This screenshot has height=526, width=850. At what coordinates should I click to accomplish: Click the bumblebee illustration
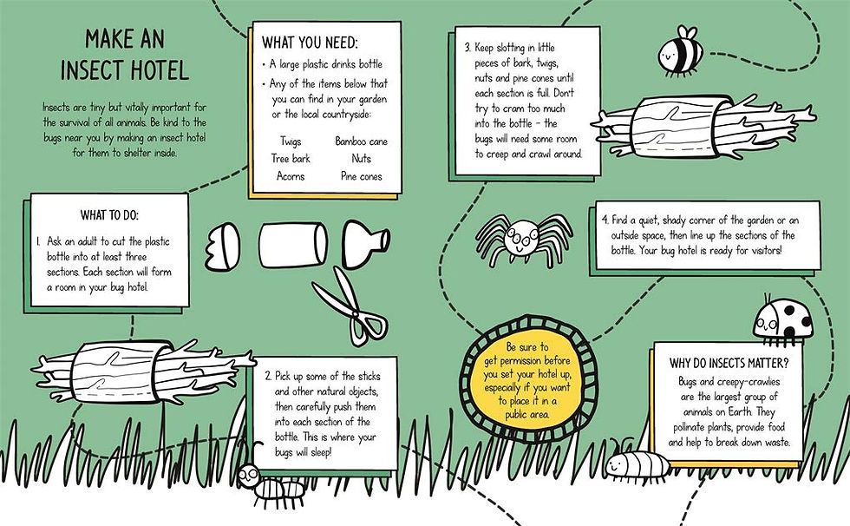pyautogui.click(x=681, y=49)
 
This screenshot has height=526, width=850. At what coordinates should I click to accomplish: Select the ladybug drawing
pyautogui.click(x=784, y=321)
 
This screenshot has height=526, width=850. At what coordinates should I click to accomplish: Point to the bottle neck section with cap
pyautogui.click(x=366, y=244)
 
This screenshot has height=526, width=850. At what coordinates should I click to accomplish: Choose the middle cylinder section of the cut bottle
pyautogui.click(x=293, y=245)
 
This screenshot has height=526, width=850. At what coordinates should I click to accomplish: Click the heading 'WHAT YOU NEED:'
pyautogui.click(x=311, y=43)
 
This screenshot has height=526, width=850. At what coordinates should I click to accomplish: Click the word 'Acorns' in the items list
pyautogui.click(x=291, y=176)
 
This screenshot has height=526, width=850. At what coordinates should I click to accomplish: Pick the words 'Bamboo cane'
pyautogui.click(x=361, y=141)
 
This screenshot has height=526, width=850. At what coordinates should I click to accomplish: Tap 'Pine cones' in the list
pyautogui.click(x=361, y=176)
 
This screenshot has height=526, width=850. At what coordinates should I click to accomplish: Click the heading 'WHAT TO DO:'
pyautogui.click(x=109, y=215)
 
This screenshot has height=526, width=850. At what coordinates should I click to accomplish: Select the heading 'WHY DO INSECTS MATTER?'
pyautogui.click(x=729, y=363)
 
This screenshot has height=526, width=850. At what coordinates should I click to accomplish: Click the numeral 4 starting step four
pyautogui.click(x=605, y=220)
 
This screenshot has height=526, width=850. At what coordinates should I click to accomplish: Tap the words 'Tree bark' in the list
pyautogui.click(x=291, y=159)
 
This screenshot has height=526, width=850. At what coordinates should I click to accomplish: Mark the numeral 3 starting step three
pyautogui.click(x=467, y=48)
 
